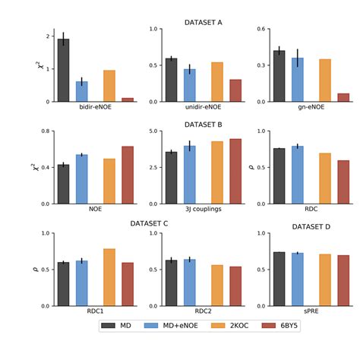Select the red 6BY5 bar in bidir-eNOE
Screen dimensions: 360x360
128,99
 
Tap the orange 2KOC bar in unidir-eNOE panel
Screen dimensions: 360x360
217,82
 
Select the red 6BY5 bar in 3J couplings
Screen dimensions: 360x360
235,172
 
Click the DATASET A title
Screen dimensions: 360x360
203,22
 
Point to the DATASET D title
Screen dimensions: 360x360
311,226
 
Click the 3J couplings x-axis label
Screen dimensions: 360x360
204,209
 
